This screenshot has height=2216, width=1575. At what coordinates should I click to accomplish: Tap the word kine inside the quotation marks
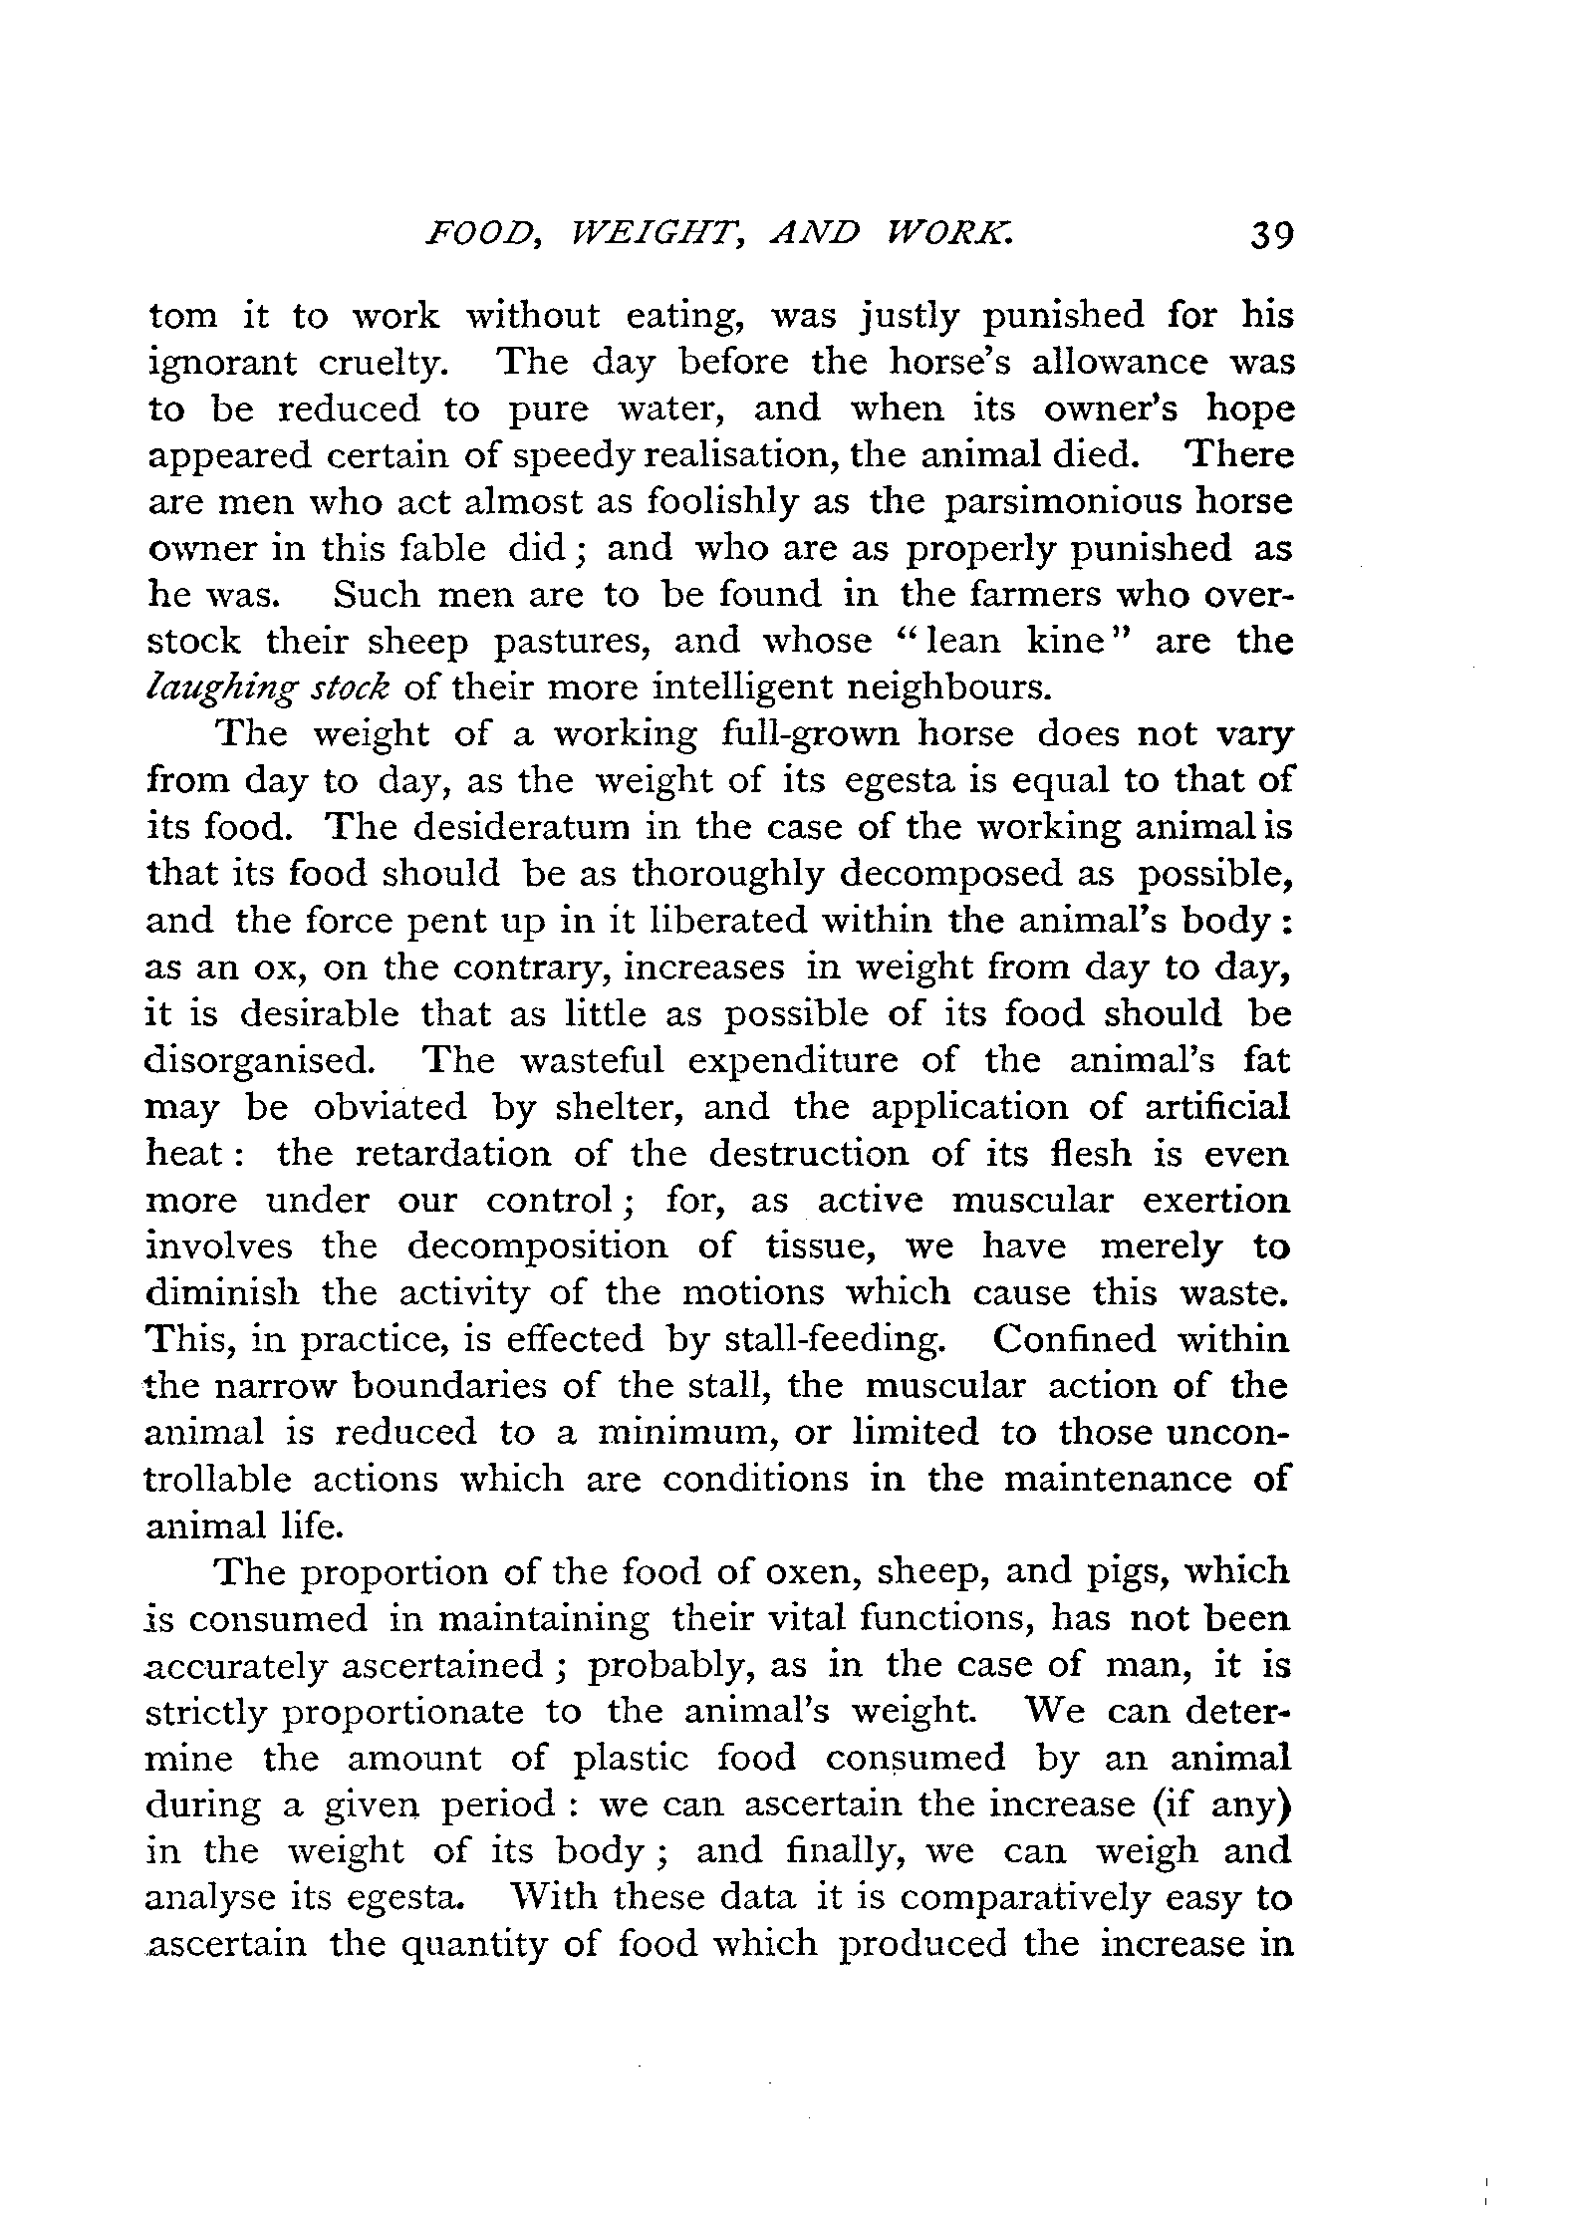click(1066, 641)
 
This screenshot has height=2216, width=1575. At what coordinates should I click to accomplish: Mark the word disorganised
click(260, 1061)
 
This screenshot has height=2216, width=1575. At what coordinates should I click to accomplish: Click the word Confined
click(1074, 1339)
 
